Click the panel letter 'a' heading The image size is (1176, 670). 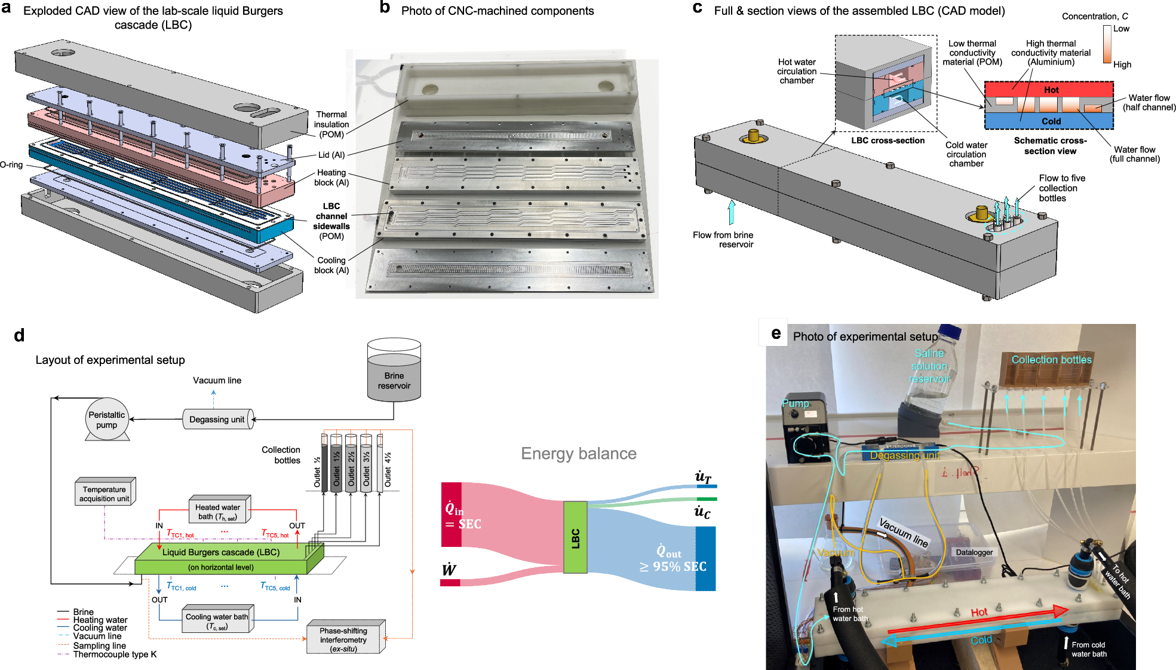tap(7, 8)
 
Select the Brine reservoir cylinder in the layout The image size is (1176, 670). tap(394, 371)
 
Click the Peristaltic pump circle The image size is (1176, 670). tap(106, 419)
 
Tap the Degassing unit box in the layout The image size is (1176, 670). tap(217, 420)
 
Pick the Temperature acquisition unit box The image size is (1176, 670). tap(105, 494)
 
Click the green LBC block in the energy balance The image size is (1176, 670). tap(575, 537)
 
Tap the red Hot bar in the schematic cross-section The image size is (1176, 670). tap(1049, 89)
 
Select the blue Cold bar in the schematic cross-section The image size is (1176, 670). tap(1049, 121)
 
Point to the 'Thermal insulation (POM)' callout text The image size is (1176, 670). tap(331, 124)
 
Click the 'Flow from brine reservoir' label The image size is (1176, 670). tap(723, 239)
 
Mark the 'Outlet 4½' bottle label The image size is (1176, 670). tap(388, 469)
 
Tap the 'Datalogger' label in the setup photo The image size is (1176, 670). tap(974, 552)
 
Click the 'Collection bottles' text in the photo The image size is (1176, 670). tap(1051, 360)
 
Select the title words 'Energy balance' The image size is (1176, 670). tap(578, 454)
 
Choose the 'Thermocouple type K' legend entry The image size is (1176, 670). tap(115, 654)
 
